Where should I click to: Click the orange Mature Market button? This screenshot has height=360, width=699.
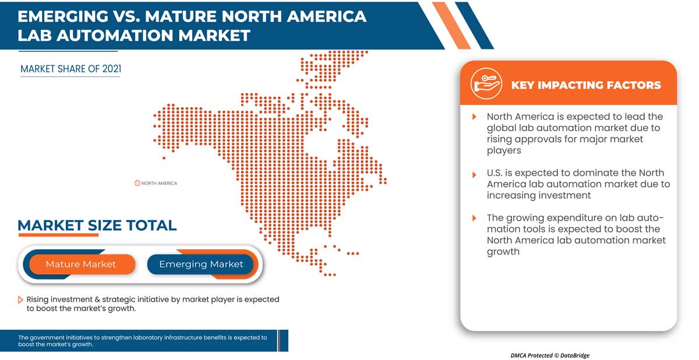[x=80, y=264]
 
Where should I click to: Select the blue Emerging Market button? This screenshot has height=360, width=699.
[x=201, y=264]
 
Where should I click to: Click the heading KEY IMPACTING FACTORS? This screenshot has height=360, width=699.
[x=585, y=85]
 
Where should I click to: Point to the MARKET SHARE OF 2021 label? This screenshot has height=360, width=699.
[x=70, y=69]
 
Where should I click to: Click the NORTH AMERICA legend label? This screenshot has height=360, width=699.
[x=159, y=183]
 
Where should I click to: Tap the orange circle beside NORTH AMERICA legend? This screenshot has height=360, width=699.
[x=137, y=183]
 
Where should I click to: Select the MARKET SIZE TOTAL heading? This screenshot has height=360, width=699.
[x=97, y=225]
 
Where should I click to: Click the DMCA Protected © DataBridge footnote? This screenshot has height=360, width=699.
[x=550, y=355]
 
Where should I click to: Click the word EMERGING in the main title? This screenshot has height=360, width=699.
[x=65, y=16]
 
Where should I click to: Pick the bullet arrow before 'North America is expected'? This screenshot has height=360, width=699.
[x=474, y=117]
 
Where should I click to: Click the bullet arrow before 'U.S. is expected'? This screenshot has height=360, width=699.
[x=474, y=174]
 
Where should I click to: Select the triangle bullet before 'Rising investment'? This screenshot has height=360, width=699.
[x=21, y=300]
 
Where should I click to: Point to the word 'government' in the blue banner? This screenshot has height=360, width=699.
[x=47, y=337]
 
